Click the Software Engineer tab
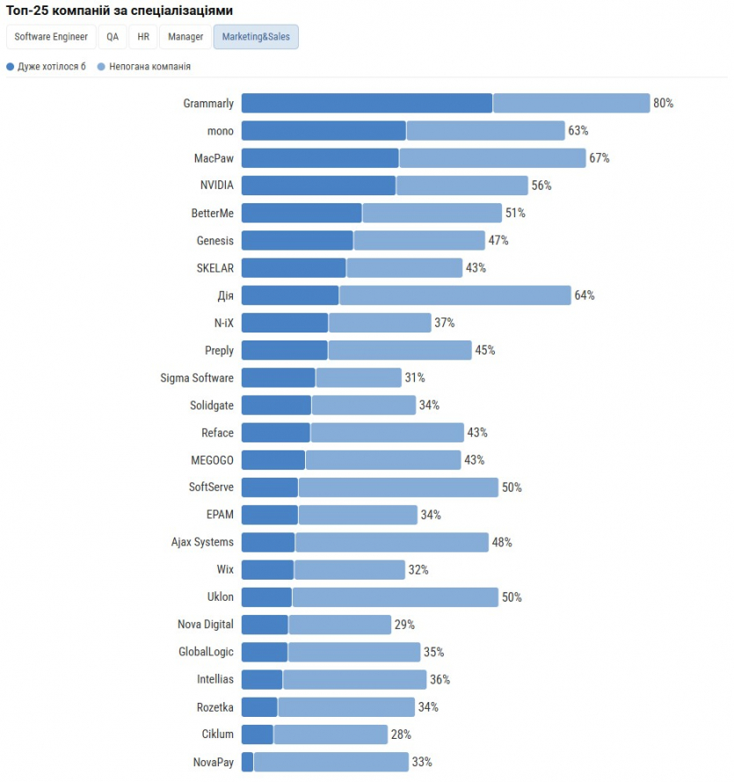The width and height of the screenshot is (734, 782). click(x=51, y=37)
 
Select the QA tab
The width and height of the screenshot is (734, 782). click(x=113, y=37)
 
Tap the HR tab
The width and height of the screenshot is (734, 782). click(x=143, y=37)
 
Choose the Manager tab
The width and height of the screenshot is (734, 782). click(x=185, y=37)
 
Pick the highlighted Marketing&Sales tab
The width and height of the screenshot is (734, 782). click(x=256, y=37)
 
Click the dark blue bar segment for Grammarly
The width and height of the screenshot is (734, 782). click(x=367, y=104)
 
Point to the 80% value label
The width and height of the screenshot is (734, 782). click(x=663, y=104)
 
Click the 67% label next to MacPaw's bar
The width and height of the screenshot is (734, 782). click(x=599, y=158)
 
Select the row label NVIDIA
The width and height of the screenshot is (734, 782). click(x=217, y=186)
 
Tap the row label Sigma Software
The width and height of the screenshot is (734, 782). click(x=197, y=378)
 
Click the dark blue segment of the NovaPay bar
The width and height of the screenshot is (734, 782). click(x=247, y=762)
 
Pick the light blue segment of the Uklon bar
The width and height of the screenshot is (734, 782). click(x=395, y=597)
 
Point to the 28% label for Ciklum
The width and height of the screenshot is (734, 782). click(x=401, y=734)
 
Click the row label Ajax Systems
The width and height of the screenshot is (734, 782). click(x=202, y=543)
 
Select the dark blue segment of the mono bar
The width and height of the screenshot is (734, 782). click(x=323, y=131)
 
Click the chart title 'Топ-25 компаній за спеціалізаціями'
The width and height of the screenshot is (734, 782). click(x=120, y=10)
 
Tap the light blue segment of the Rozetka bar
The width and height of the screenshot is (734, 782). click(x=345, y=707)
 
